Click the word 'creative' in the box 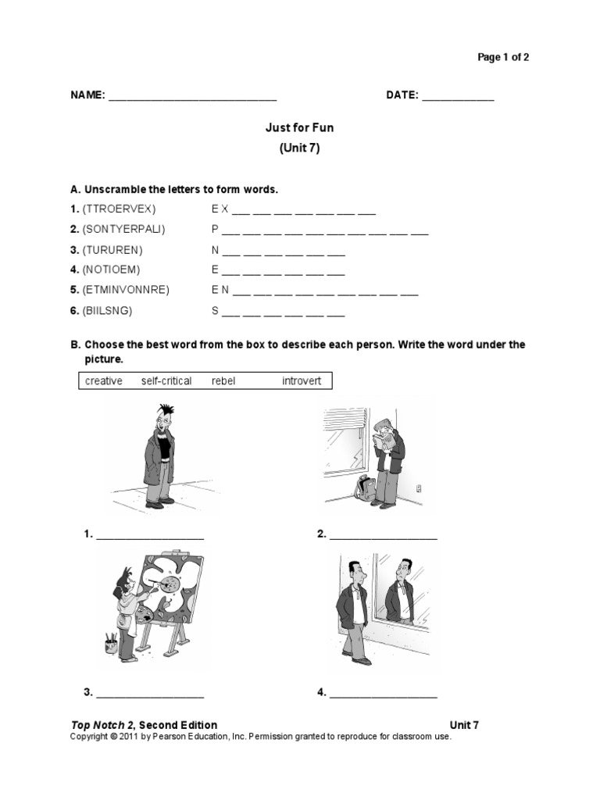point(104,381)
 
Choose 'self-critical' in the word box point(166,381)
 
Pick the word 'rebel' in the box point(223,381)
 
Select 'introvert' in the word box point(302,381)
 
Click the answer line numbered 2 point(383,537)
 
